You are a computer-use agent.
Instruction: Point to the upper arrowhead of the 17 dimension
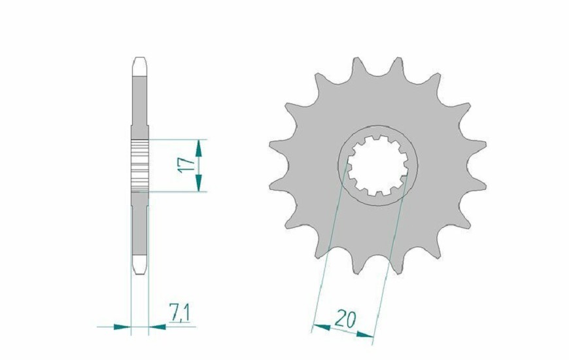199,146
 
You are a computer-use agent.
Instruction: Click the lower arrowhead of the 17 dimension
199,185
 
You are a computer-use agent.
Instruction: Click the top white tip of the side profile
140,65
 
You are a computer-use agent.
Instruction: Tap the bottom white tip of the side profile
140,264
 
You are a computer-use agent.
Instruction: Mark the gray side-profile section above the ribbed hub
140,105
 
